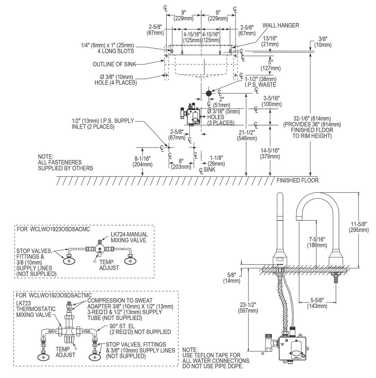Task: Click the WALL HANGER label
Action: click(x=281, y=25)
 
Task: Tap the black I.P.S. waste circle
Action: click(x=209, y=93)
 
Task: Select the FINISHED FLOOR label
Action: click(x=297, y=180)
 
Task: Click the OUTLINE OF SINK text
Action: click(x=114, y=64)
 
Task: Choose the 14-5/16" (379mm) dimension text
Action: click(x=270, y=153)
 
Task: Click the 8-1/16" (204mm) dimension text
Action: click(x=143, y=161)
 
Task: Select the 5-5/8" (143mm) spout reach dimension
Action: click(x=317, y=303)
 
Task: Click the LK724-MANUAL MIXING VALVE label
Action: click(x=129, y=237)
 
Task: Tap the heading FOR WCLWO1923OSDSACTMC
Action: click(x=54, y=295)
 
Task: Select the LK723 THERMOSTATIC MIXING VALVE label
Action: click(x=36, y=309)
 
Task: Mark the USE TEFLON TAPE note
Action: click(x=216, y=358)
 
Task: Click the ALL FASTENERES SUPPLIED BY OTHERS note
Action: click(x=65, y=162)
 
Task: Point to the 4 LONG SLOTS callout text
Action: click(x=116, y=51)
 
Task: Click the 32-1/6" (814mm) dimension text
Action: click(x=312, y=127)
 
